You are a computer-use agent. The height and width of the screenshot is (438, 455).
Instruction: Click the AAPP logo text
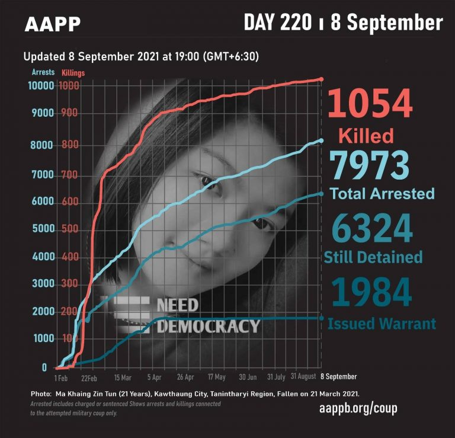pyautogui.click(x=53, y=24)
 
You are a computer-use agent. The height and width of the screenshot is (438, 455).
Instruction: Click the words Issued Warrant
pyautogui.click(x=382, y=324)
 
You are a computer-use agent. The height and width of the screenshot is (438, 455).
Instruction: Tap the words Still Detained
pyautogui.click(x=373, y=257)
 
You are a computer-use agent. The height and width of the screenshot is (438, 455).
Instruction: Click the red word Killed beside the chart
pyautogui.click(x=366, y=136)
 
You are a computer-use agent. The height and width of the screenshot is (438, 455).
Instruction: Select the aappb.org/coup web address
pyautogui.click(x=358, y=409)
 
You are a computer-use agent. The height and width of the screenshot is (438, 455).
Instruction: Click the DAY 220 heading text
pyautogui.click(x=277, y=23)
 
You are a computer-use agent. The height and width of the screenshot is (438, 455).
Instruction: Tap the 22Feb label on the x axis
pyautogui.click(x=90, y=378)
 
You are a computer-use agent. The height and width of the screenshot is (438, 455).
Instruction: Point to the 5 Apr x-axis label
pyautogui.click(x=154, y=378)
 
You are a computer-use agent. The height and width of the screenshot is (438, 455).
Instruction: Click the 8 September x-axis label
pyautogui.click(x=338, y=377)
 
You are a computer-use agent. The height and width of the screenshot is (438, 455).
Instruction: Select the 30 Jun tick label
pyautogui.click(x=248, y=378)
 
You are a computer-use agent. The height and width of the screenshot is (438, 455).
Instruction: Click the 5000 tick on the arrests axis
pyautogui.click(x=39, y=229)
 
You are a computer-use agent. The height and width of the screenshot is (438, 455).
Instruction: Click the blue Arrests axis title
pyautogui.click(x=43, y=72)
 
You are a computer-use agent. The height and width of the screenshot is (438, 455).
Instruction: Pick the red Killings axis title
pyautogui.click(x=73, y=73)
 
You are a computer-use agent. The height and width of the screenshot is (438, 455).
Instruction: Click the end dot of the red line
pyautogui.click(x=321, y=79)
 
